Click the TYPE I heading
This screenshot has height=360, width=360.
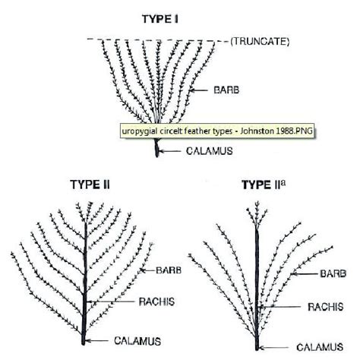click(160, 19)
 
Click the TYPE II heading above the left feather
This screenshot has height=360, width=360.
click(90, 185)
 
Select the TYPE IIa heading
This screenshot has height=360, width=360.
click(264, 185)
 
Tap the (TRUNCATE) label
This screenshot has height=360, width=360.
click(260, 42)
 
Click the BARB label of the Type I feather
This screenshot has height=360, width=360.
click(226, 90)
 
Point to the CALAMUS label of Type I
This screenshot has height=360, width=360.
click(210, 151)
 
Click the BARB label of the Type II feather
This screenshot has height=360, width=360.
click(169, 270)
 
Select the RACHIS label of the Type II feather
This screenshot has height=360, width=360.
click(156, 302)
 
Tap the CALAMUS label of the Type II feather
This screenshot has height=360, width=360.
click(137, 341)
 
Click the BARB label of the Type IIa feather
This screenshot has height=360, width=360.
click(333, 273)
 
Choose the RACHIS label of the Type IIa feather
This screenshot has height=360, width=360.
click(326, 307)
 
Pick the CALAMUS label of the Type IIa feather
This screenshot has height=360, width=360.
click(320, 347)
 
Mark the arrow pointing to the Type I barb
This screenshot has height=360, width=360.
click(198, 90)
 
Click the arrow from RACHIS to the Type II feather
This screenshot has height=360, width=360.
click(110, 302)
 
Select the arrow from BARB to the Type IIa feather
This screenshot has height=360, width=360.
click(304, 273)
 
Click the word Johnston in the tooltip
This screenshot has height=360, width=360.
click(257, 131)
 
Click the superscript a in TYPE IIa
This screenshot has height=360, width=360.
click(283, 182)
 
